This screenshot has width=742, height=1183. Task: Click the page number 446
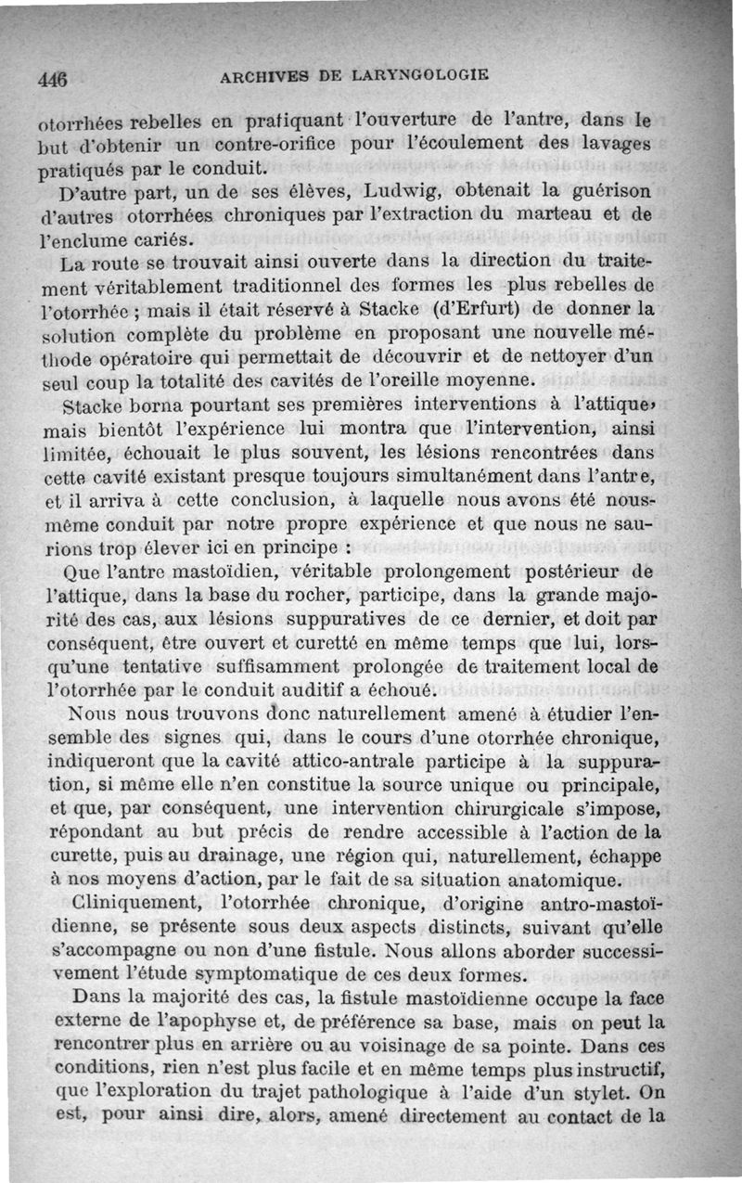[x=54, y=79]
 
